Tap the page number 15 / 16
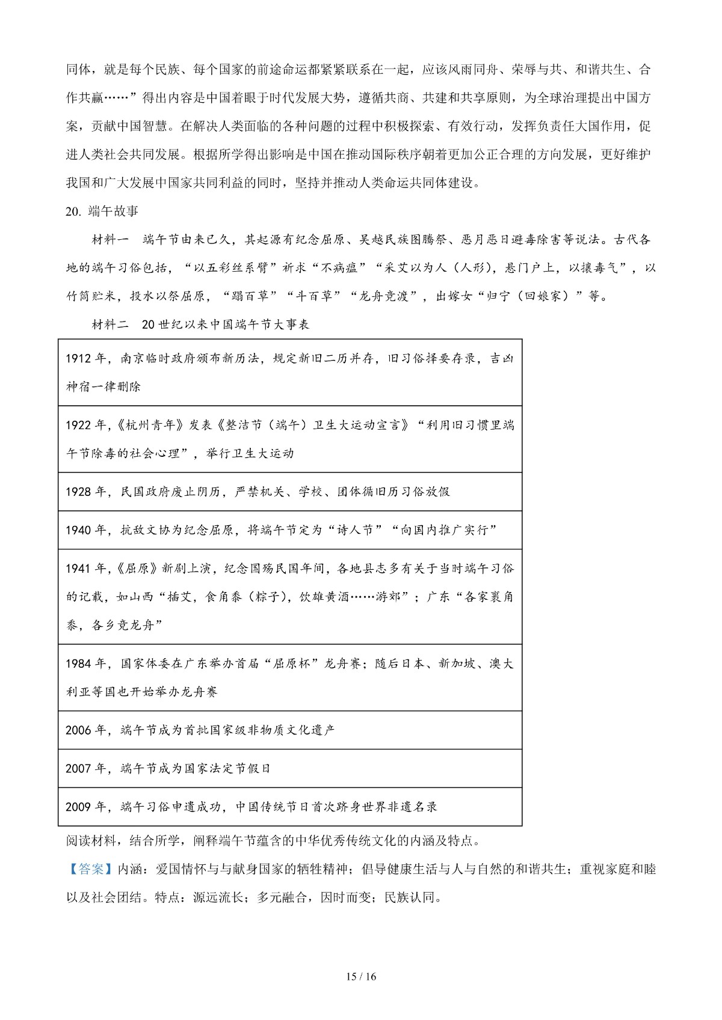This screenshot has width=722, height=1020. coord(360,977)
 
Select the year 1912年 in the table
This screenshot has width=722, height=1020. coord(85,359)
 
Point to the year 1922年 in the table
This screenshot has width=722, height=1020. coord(85,426)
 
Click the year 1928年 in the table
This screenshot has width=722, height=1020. coord(85,492)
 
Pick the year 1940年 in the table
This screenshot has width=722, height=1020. coord(85,530)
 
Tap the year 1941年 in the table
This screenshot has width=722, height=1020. coord(85,569)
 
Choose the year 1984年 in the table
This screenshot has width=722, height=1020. coord(85,664)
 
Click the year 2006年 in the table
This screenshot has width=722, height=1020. coord(85,730)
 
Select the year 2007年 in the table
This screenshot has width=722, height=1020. coord(85,769)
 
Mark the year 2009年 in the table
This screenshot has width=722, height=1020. coord(85,807)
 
